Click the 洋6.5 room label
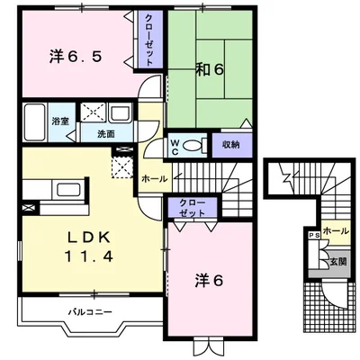76,57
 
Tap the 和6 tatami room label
210,69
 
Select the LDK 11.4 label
88,247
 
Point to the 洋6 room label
209,281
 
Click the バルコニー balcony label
90,312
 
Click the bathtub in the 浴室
35,121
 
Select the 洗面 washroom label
106,134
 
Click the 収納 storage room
230,145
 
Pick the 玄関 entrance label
338,262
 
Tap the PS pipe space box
313,236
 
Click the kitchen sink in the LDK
68,190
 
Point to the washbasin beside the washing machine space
121,112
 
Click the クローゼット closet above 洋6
193,207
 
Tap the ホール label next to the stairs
154,179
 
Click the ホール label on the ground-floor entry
336,231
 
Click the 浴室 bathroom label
60,121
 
